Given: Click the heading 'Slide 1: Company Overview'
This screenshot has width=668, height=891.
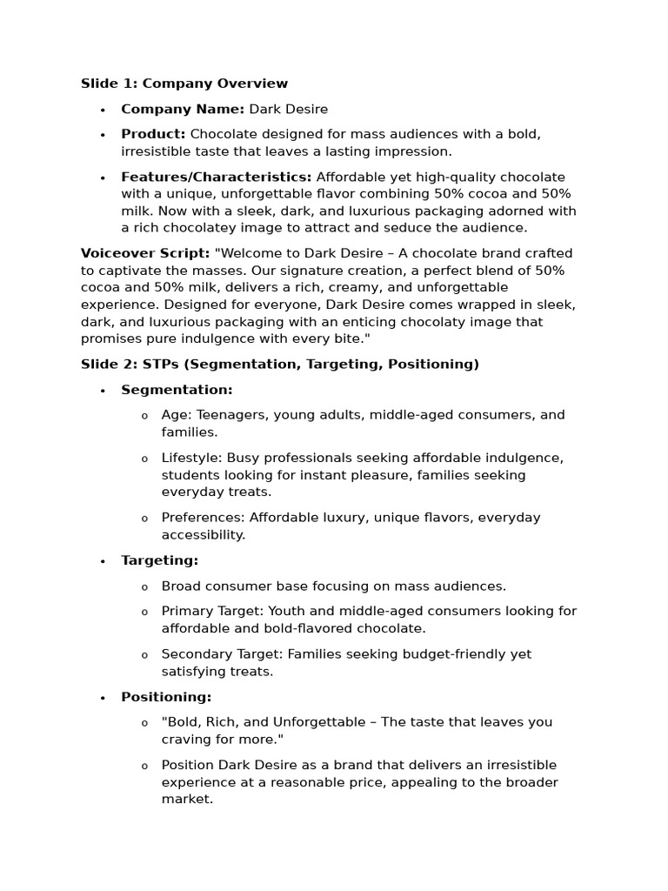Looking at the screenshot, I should [184, 84].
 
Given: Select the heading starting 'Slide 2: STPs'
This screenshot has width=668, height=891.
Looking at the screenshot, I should [279, 364].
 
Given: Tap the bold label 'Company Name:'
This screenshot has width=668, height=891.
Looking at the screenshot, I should [183, 109].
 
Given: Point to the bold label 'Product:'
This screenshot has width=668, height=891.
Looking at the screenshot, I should [153, 134].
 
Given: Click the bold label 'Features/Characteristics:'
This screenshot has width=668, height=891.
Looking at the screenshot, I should [217, 177].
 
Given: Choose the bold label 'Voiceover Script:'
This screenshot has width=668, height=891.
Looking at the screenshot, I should [145, 253].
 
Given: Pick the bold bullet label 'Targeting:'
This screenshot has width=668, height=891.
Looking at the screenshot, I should [159, 560].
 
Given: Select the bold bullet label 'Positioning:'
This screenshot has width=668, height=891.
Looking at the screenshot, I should [166, 697].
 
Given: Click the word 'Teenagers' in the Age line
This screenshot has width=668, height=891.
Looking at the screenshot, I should [232, 415].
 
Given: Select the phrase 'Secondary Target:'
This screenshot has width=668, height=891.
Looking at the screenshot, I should [219, 654].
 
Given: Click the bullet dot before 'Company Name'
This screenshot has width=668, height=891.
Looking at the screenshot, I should [103, 110].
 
